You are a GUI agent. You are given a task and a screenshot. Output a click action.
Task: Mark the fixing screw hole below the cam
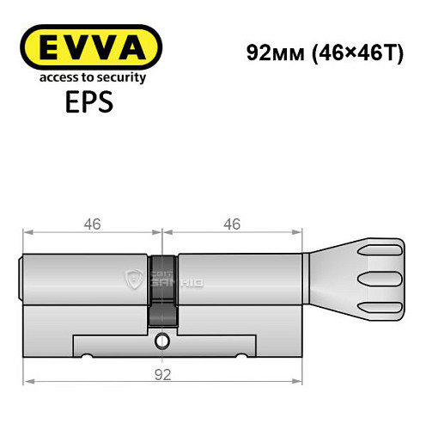tap(161, 341)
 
